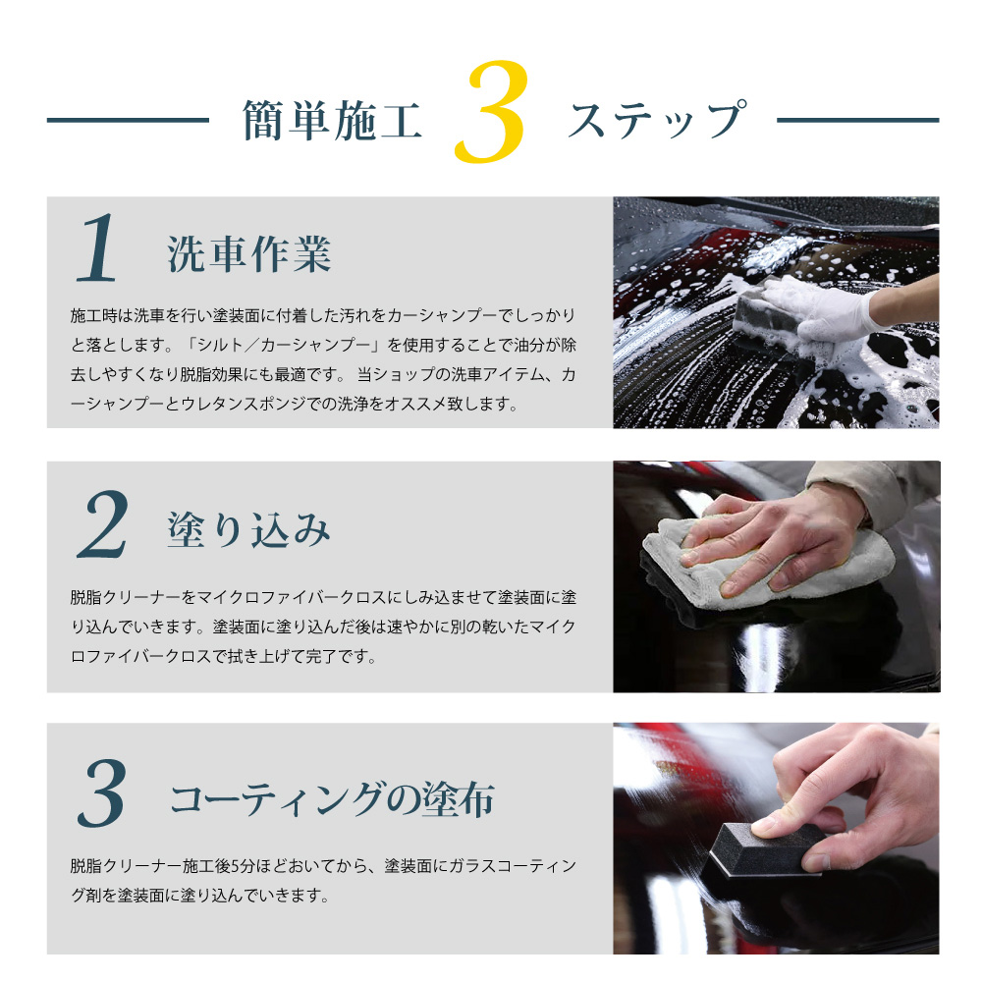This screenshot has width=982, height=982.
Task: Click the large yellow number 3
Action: [x=492, y=112]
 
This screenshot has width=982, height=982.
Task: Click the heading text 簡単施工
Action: [x=332, y=120]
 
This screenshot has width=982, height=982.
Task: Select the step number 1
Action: [x=96, y=248]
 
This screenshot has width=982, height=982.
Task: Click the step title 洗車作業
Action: [x=249, y=254]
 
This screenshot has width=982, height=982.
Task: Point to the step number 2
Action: [x=103, y=524]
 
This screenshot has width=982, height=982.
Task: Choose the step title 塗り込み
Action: [x=248, y=530]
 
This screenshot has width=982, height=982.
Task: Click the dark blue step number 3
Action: [x=101, y=792]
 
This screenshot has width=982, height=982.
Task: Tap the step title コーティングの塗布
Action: [x=332, y=799]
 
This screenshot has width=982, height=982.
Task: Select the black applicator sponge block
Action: [x=763, y=849]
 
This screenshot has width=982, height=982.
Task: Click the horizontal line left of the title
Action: [x=128, y=120]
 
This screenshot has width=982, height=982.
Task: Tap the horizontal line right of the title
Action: [x=858, y=120]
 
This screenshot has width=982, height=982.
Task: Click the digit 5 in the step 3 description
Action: [x=235, y=866]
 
